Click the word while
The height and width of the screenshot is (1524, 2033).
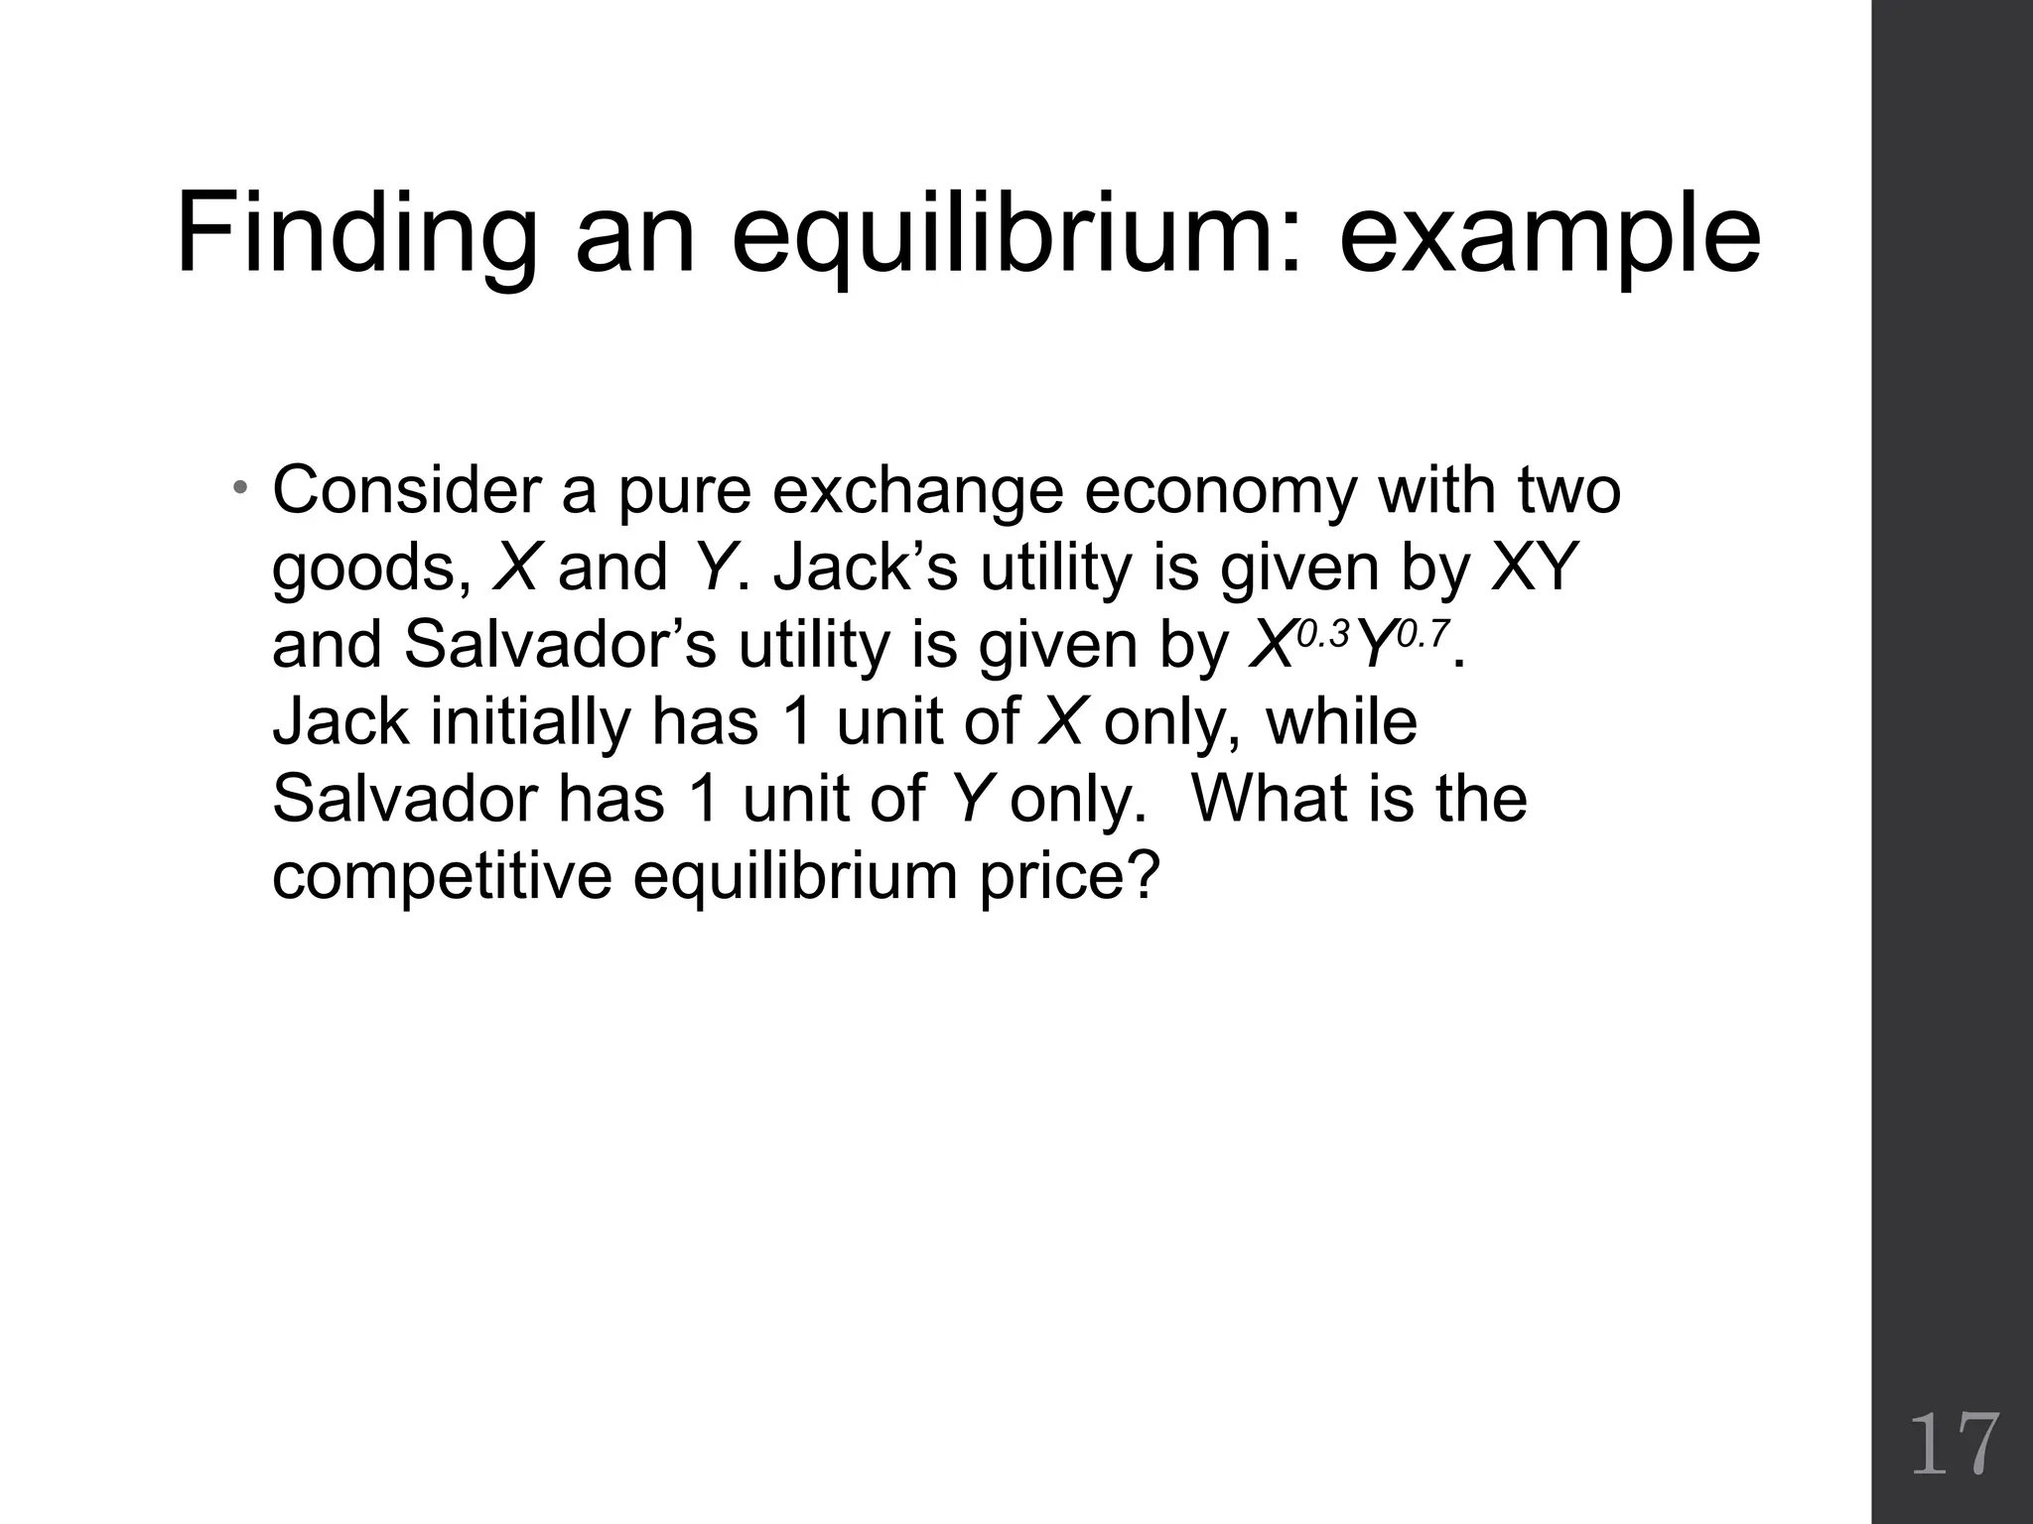1341,721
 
